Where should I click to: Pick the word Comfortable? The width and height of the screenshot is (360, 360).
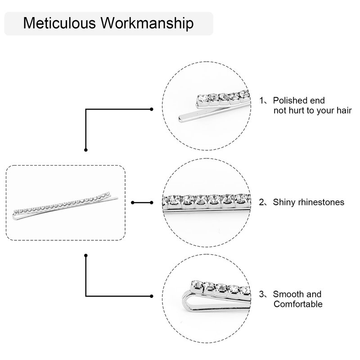[x=298, y=305]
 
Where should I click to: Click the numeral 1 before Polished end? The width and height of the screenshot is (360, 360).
[x=262, y=100]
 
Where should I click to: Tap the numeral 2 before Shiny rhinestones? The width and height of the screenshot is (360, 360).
[x=262, y=202]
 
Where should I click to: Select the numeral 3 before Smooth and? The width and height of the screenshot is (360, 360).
[x=262, y=295]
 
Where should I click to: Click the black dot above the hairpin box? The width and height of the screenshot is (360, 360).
[x=86, y=149]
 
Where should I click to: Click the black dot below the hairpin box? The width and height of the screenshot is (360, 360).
[x=86, y=256]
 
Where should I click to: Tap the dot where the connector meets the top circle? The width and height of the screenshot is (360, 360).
[x=152, y=108]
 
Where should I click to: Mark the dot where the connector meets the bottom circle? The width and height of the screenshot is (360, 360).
[x=152, y=296]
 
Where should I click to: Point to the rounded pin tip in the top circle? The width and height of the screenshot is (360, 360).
[x=181, y=119]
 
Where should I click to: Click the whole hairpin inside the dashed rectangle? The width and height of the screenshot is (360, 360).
[x=66, y=205]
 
